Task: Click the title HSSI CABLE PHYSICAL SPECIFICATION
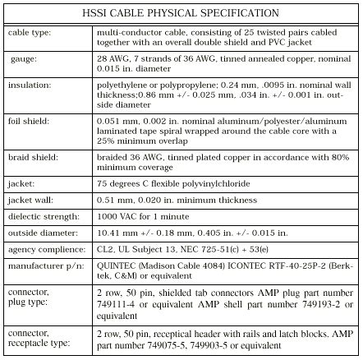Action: click(x=180, y=14)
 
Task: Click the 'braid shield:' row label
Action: click(x=32, y=155)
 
